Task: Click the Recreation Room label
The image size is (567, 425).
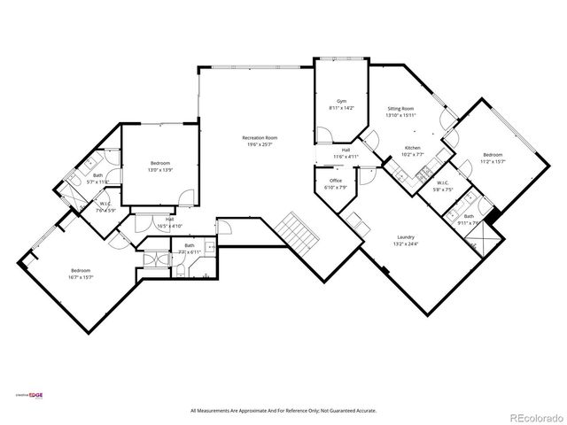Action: (260, 137)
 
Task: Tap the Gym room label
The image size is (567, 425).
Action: (340, 102)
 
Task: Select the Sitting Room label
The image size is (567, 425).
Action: (401, 109)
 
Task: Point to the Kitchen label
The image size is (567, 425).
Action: (413, 147)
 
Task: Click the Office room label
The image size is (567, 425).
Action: (336, 181)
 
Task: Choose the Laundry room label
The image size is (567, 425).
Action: (407, 237)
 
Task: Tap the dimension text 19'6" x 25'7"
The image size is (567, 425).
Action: (260, 144)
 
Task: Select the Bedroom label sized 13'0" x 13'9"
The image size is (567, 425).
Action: (160, 164)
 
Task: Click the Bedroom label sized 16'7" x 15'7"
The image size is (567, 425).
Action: (81, 270)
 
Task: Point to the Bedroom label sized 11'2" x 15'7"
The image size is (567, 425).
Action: (493, 155)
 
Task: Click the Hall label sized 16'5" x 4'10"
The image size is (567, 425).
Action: (168, 221)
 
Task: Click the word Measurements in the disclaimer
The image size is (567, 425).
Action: (218, 411)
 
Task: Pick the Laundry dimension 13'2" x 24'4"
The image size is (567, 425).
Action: (407, 243)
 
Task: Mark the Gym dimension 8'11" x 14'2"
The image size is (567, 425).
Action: (341, 108)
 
